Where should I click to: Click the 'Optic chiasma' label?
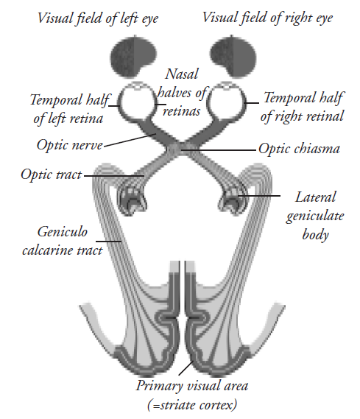299,149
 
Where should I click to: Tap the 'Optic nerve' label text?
70,145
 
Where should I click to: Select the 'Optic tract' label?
52,175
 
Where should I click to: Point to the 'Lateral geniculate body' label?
315,216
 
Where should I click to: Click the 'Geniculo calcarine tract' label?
63,241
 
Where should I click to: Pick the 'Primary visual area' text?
192,386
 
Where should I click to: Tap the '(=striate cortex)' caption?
192,405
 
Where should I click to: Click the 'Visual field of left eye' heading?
98,18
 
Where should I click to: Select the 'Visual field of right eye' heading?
267,18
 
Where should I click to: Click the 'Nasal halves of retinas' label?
182,93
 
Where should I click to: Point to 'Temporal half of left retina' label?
69,109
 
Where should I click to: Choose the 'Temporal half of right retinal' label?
303,107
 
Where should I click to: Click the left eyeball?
137,102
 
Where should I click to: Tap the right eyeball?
227,102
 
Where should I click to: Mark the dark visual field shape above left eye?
133,57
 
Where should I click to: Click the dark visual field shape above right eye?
233,57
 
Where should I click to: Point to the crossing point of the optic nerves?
177,147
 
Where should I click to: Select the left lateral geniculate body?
132,200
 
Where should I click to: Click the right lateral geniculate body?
232,200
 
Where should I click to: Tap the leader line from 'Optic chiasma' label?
219,150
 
